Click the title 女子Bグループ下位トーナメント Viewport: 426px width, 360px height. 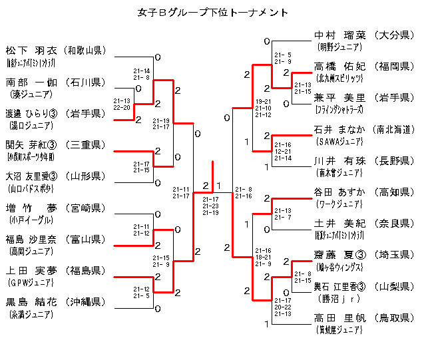click(212, 12)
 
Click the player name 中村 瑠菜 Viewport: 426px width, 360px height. click(339, 35)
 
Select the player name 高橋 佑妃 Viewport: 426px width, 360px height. click(339, 67)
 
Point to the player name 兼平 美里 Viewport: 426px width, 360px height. click(339, 98)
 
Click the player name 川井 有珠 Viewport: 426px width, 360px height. click(339, 161)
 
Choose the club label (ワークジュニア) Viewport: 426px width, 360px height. click(339, 204)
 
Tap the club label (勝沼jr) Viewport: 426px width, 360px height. click(339, 299)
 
